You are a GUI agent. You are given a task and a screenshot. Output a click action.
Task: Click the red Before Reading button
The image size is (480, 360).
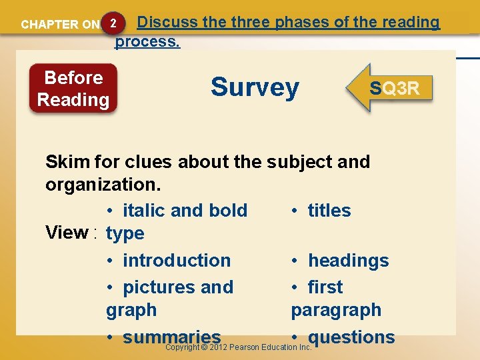pyautogui.click(x=73, y=89)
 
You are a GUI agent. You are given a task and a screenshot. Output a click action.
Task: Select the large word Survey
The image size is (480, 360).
pyautogui.click(x=255, y=87)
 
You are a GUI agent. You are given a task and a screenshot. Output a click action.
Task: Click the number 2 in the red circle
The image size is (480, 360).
pyautogui.click(x=114, y=23)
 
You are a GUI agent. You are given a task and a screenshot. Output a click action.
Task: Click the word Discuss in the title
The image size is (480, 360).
pyautogui.click(x=167, y=22)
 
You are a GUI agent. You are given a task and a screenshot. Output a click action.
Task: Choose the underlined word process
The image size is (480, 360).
pyautogui.click(x=147, y=42)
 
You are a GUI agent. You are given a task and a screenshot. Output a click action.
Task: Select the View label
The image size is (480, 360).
pyautogui.click(x=67, y=233)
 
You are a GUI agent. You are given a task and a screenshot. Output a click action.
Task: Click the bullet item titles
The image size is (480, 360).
pyautogui.click(x=329, y=211)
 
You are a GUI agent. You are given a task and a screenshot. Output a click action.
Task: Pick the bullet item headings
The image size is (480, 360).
pyautogui.click(x=348, y=261)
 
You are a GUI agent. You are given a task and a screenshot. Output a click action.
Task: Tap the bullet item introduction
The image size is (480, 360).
pyautogui.click(x=177, y=261)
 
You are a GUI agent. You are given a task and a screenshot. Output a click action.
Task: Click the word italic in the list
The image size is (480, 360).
pyautogui.click(x=144, y=211)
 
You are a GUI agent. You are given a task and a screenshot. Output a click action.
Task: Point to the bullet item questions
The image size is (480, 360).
pyautogui.click(x=351, y=337)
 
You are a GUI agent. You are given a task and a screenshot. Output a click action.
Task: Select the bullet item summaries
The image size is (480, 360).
pyautogui.click(x=171, y=337)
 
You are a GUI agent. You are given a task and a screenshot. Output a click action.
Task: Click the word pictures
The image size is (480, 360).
pyautogui.click(x=159, y=287)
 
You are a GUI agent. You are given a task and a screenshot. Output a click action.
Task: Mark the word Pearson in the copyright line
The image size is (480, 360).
pyautogui.click(x=245, y=347)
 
